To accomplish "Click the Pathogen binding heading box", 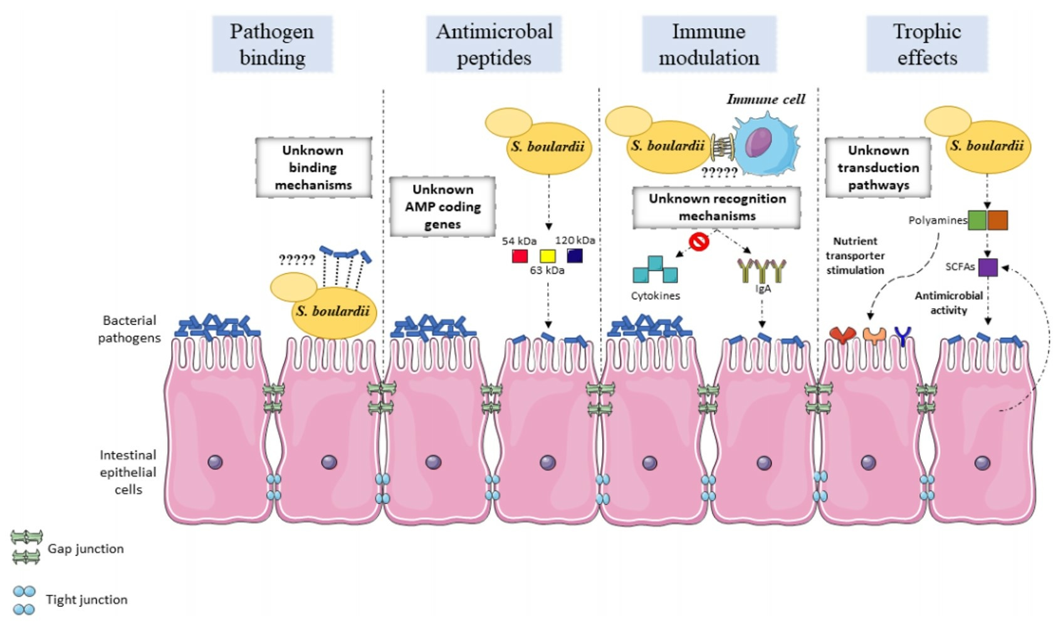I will click(272, 44).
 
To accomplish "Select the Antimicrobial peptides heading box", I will click(494, 44).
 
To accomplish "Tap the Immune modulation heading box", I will click(709, 44).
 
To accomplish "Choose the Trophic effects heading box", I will click(927, 44).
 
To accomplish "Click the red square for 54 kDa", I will click(520, 256).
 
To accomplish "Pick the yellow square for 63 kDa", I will click(548, 256).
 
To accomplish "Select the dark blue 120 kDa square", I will click(575, 256).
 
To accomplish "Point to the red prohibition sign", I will click(699, 241).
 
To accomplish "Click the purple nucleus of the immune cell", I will click(758, 143).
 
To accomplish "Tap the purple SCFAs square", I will click(988, 267).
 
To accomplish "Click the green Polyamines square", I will click(977, 220).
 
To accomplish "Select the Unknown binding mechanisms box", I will click(313, 168).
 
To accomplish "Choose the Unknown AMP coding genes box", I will click(442, 207).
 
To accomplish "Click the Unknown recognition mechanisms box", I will click(717, 207).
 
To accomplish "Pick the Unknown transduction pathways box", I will click(878, 168).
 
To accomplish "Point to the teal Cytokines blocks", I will click(655, 270).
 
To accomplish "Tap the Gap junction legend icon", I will click(26, 547).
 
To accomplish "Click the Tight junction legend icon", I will click(24, 600).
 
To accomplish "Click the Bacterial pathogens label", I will click(129, 329).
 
